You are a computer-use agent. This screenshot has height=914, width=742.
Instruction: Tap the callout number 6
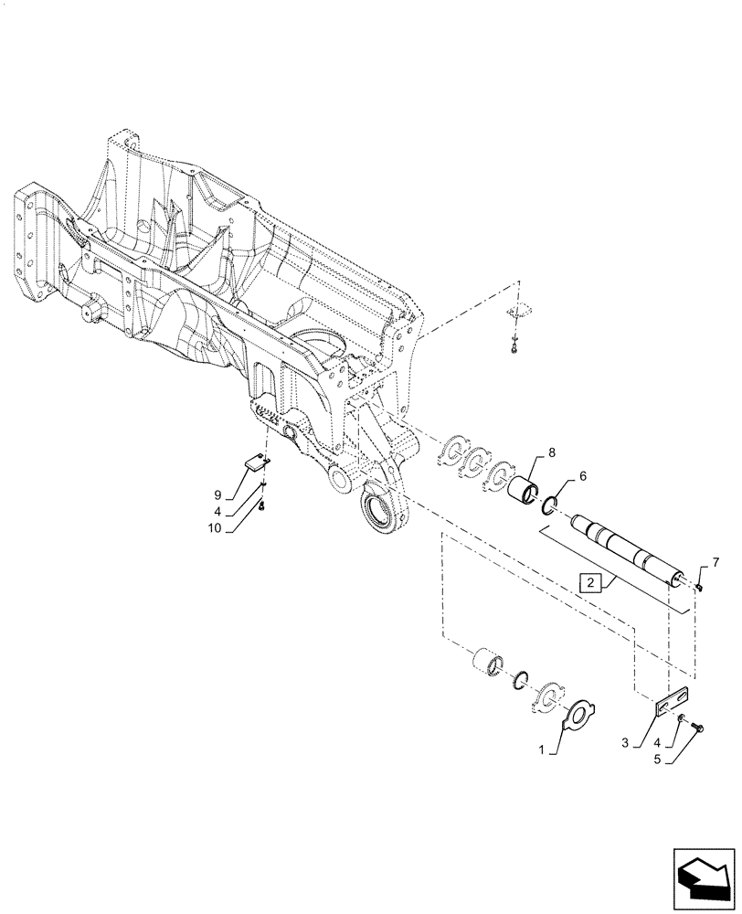[x=584, y=477]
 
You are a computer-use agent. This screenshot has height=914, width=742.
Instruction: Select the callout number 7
[x=715, y=561]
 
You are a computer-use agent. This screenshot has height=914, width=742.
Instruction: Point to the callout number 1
[x=542, y=749]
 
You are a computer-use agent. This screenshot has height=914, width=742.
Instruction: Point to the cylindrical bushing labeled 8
[x=525, y=484]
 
